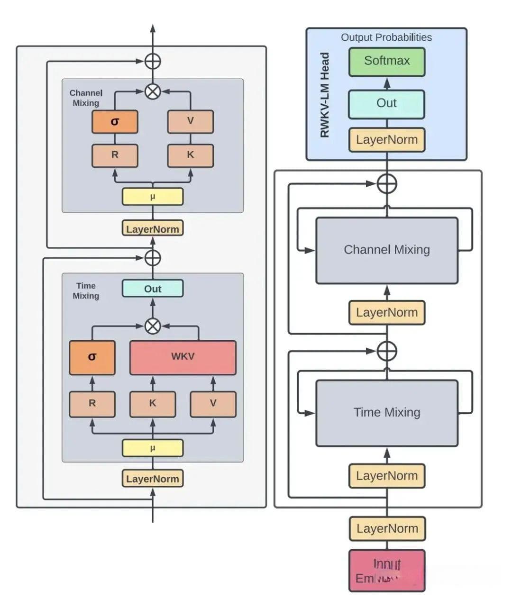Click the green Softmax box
387,61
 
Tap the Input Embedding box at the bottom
387,571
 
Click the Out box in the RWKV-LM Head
387,104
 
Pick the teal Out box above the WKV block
153,289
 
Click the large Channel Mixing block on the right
387,250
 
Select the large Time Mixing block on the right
387,413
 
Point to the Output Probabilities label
386,37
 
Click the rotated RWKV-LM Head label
325,95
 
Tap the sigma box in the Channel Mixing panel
115,122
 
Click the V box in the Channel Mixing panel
191,121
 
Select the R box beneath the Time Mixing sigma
92,404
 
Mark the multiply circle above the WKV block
153,326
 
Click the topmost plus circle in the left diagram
153,61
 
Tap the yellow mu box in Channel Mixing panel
153,197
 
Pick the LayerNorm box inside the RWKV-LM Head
387,140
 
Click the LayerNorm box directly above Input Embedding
387,529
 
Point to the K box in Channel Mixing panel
191,155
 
